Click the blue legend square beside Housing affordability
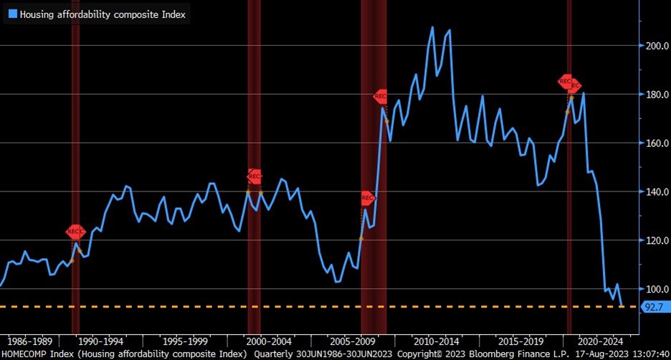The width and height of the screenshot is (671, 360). (11, 13)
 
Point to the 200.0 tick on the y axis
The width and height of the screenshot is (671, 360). (654, 46)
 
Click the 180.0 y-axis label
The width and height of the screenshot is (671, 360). (654, 95)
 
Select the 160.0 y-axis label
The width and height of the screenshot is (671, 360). (654, 143)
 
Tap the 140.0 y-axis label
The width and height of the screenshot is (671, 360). (654, 192)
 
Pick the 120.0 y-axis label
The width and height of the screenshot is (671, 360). (654, 241)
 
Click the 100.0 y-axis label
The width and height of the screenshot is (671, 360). (654, 289)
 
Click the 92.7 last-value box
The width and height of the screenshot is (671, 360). (653, 307)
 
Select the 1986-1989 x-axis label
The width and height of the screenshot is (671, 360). (27, 341)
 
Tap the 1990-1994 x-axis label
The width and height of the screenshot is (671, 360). (99, 341)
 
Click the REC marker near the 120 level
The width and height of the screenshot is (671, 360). (76, 231)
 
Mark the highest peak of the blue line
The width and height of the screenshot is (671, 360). (432, 27)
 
